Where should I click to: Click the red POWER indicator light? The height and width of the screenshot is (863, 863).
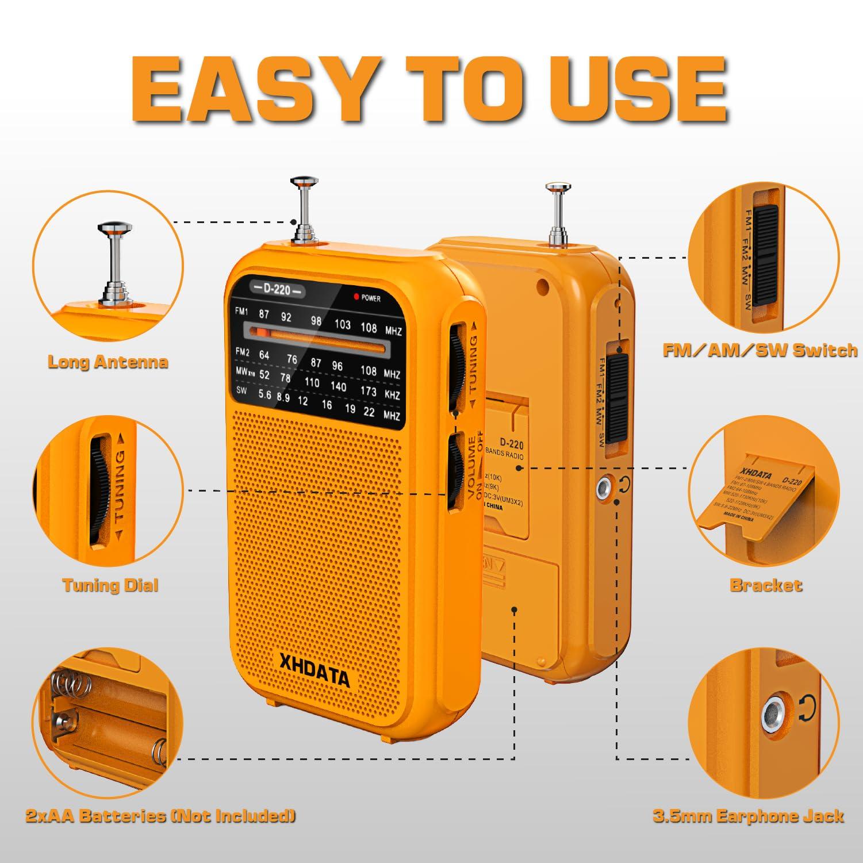point(356,297)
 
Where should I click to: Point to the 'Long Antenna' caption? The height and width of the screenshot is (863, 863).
point(108,362)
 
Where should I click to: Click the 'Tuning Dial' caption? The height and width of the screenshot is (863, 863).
point(110,585)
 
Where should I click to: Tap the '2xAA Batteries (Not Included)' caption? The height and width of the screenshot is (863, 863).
point(160,815)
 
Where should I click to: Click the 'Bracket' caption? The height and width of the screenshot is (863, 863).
point(765,585)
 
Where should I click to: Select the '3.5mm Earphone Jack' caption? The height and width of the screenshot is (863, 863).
point(748,815)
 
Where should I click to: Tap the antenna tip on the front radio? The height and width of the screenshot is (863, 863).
point(302,182)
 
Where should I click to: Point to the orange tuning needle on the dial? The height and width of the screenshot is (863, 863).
point(263,332)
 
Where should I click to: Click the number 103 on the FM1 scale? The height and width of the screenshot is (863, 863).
point(343,324)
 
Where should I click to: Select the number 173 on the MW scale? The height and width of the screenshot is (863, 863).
point(368,392)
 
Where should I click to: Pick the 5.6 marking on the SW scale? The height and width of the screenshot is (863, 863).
point(265,394)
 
